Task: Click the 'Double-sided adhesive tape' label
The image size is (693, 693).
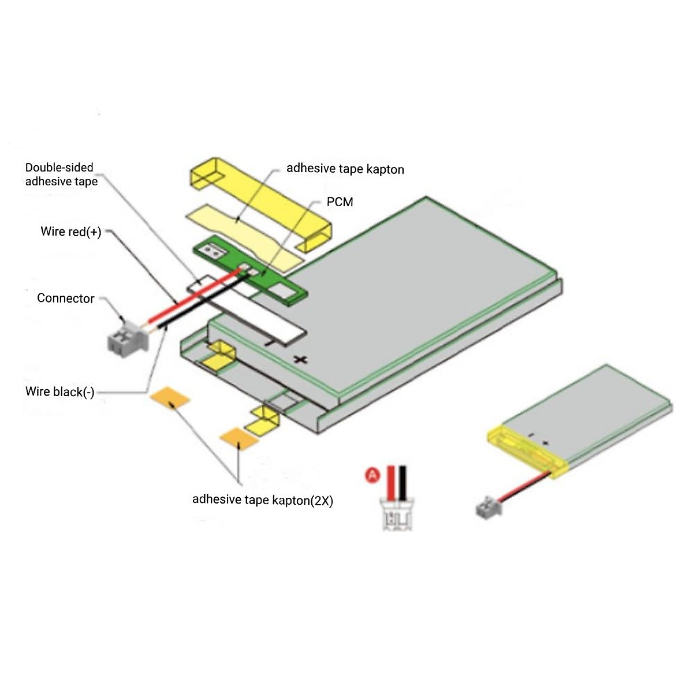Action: point(61,174)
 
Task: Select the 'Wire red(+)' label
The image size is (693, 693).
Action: point(70,232)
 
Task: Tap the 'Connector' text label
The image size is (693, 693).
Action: point(65,299)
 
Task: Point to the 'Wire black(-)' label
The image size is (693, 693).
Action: point(59,392)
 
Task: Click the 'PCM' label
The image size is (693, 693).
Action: point(340,202)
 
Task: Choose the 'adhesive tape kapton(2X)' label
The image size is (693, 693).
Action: point(262,500)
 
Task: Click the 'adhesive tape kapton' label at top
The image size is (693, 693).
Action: point(345,169)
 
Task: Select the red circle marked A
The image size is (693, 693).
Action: point(373,475)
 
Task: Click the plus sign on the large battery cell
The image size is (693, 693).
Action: point(300,360)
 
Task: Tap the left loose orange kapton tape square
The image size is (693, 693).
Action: point(170,397)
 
